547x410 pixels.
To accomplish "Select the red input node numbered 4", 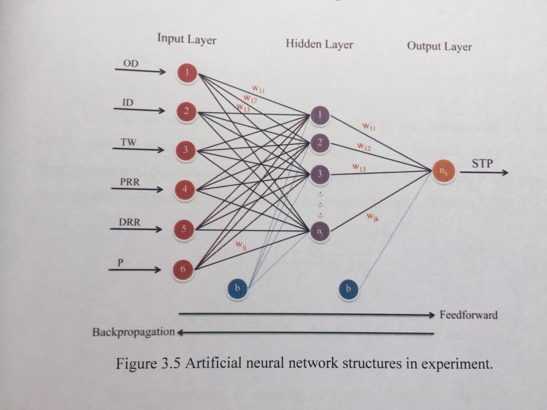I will [x=185, y=190].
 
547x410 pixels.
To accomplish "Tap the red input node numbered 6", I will [x=182, y=269].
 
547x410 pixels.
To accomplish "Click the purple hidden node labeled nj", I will [x=319, y=231].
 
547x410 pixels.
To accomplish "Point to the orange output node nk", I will [x=443, y=171].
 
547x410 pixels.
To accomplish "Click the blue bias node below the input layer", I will [x=238, y=288].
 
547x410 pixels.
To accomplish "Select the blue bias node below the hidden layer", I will [x=348, y=289].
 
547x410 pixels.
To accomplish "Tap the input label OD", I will [x=131, y=64].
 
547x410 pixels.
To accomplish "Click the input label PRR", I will [x=130, y=182].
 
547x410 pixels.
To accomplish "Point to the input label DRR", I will [x=130, y=222].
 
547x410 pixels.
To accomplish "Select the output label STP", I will [x=482, y=163].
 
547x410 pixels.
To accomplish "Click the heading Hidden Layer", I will [x=319, y=44].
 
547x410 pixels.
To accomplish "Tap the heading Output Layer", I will [x=439, y=47].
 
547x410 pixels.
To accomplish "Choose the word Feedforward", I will [x=469, y=315].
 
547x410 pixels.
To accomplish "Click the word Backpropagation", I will [x=133, y=332].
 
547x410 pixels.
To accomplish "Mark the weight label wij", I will [x=241, y=245].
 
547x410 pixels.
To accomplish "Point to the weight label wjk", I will [x=373, y=217].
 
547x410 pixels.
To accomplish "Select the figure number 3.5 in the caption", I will [x=170, y=363].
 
